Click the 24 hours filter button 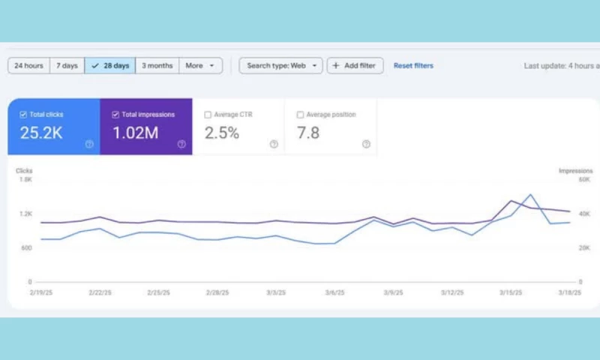[28, 66]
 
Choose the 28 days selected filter [110, 66]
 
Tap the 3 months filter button [157, 66]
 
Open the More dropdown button [200, 66]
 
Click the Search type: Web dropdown [280, 66]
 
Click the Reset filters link [413, 66]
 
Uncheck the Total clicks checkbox [23, 115]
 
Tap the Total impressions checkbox [115, 115]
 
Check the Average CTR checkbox [208, 115]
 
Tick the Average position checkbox [300, 115]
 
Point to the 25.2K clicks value [41, 133]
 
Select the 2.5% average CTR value [222, 133]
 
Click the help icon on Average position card [366, 144]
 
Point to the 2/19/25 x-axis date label [40, 293]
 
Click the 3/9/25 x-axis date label [393, 293]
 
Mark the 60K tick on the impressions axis [584, 180]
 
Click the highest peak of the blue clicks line [530, 195]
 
